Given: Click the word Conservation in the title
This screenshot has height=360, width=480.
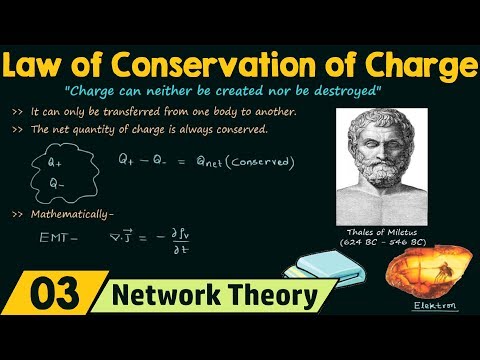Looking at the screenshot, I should pos(205,66).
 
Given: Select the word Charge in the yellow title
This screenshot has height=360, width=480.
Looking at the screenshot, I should pos(419,66).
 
